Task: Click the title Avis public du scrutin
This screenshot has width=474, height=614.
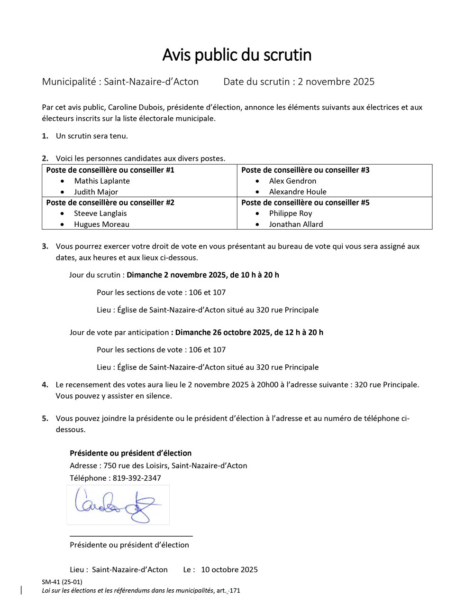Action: pyautogui.click(x=237, y=55)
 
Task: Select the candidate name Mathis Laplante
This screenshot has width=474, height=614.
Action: pyautogui.click(x=101, y=181)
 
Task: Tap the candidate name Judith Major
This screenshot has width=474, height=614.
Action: pyautogui.click(x=96, y=192)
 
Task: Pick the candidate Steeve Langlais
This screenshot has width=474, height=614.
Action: pyautogui.click(x=100, y=214)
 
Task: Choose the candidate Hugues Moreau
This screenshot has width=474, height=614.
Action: pyautogui.click(x=101, y=224)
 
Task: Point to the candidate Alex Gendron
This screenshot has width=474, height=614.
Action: pyautogui.click(x=292, y=181)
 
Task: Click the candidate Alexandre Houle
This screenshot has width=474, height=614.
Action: pyautogui.click(x=298, y=192)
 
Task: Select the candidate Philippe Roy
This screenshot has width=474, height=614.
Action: pyautogui.click(x=291, y=214)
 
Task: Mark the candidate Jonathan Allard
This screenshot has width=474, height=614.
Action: pyautogui.click(x=296, y=224)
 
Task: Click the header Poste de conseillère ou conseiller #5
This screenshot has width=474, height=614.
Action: pyautogui.click(x=305, y=203)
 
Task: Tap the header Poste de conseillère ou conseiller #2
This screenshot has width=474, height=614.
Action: pyautogui.click(x=110, y=203)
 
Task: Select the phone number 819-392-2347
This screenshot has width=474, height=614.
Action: pyautogui.click(x=137, y=478)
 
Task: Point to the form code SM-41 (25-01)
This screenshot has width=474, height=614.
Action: pyautogui.click(x=62, y=582)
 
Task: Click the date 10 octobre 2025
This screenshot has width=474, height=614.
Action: pyautogui.click(x=229, y=570)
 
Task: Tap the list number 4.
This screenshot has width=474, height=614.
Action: pyautogui.click(x=45, y=385)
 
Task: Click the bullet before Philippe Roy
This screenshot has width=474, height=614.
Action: pyautogui.click(x=257, y=214)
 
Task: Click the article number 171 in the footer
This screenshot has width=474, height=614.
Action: pyautogui.click(x=235, y=591)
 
